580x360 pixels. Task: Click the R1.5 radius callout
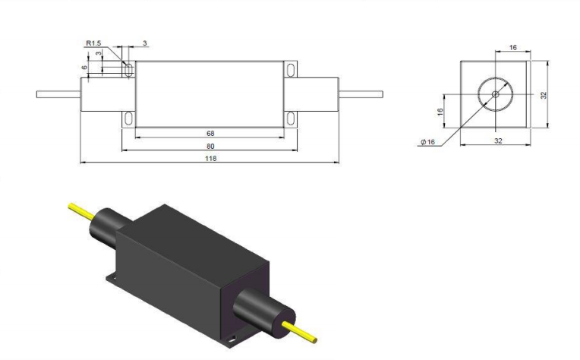(93, 44)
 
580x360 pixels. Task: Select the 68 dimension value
(209, 134)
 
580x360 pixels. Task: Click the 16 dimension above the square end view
(512, 47)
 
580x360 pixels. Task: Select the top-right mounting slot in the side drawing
(291, 70)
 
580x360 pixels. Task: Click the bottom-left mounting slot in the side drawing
(128, 118)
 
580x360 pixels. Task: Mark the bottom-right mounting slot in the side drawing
(291, 118)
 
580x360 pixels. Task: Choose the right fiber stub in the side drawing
(360, 94)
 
